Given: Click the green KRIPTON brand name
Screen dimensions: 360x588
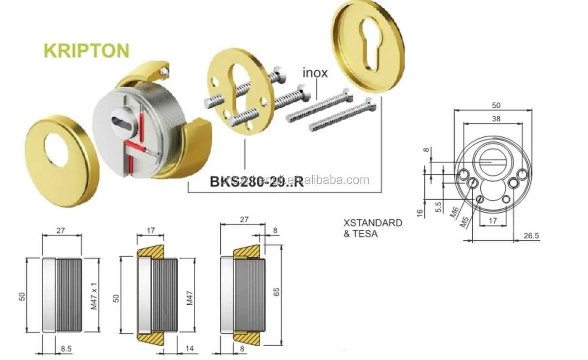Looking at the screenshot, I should point(86,50).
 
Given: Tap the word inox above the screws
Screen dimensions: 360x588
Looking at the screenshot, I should point(315,73).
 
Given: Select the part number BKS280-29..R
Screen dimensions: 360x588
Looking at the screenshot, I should point(256,181).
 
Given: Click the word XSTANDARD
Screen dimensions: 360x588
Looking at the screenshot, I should point(372,223).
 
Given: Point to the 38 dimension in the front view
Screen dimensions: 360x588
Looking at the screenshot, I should point(495,119).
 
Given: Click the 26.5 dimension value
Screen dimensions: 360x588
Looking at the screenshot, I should point(531,236).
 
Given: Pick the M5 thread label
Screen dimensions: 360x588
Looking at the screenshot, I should point(464,222).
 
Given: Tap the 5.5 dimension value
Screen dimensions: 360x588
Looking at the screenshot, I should point(438,207).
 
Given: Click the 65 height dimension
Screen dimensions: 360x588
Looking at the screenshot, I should point(277,292).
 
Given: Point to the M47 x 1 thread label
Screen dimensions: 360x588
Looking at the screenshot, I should point(95,296).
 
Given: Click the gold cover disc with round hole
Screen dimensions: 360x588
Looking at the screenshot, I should point(62,160).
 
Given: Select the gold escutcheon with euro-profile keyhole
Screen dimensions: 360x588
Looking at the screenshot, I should point(368,46).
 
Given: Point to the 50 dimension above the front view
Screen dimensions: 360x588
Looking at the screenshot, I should point(495,105).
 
